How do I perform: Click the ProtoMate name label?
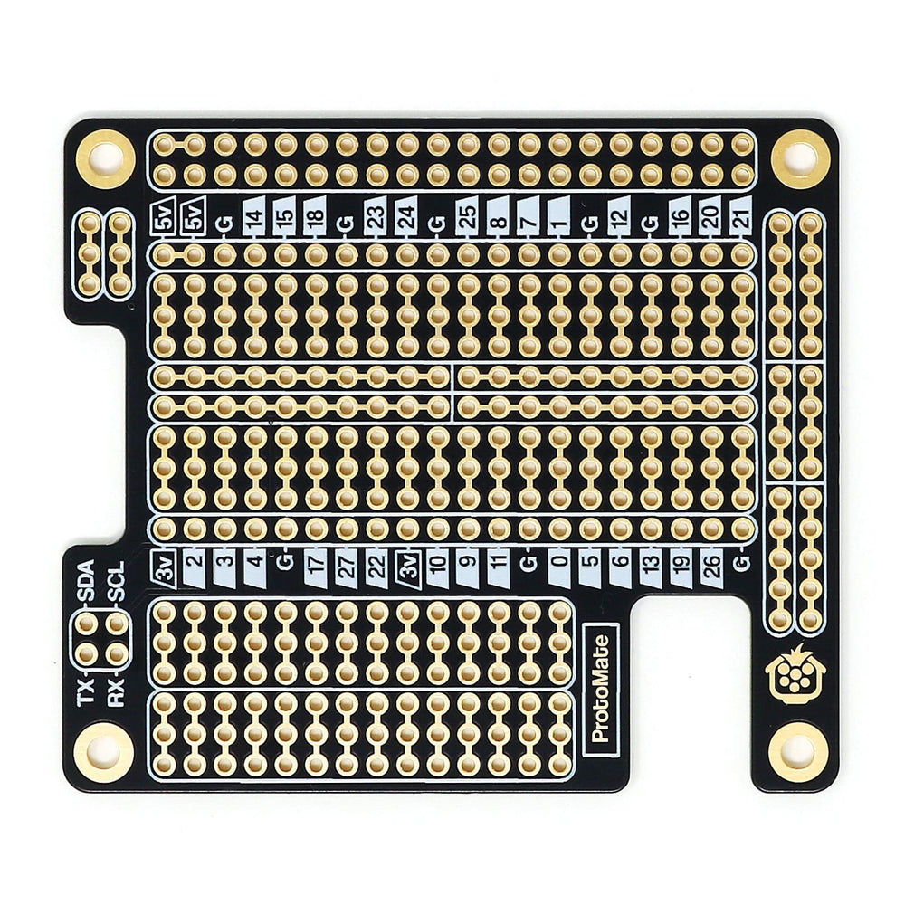coord(601,688)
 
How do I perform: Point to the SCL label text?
coord(117,580)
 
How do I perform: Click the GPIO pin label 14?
coord(254,217)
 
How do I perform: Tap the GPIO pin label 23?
coord(376,217)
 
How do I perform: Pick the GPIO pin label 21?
coord(743,217)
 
